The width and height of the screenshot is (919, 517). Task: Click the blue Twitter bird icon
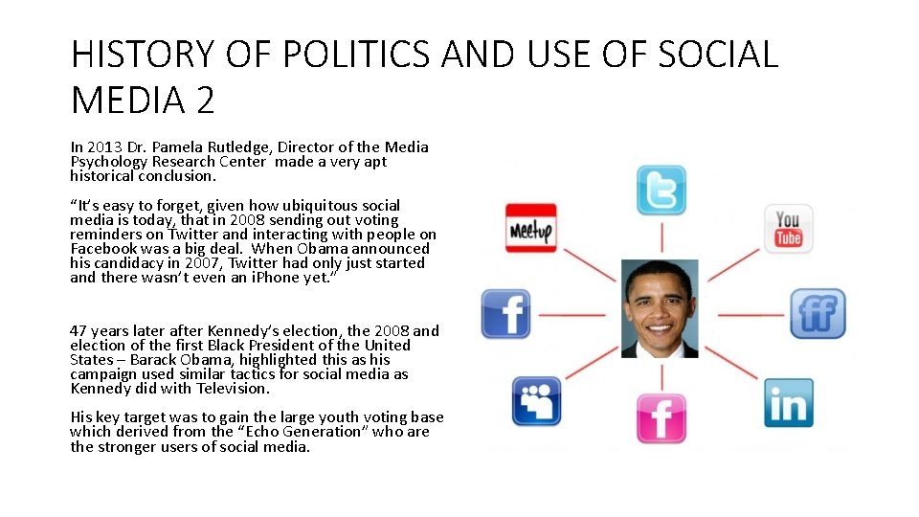coord(661,190)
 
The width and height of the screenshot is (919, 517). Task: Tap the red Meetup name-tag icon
coord(531,229)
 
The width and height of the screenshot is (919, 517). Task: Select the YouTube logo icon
coord(788,229)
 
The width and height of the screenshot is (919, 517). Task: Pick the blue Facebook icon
coord(505,313)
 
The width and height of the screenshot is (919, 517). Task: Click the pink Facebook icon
coord(661,417)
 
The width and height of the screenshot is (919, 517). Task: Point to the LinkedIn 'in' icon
coord(788,403)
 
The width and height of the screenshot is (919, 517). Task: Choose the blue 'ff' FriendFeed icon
coord(817,313)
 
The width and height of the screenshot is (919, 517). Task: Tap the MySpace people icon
coord(537,402)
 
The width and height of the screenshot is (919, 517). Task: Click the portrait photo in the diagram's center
coord(660,308)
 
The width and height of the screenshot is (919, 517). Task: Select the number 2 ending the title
coord(204,99)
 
